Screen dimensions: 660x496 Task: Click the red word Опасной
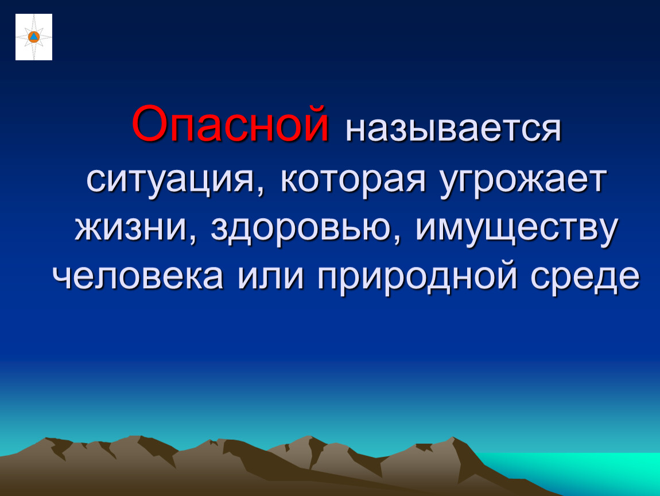230,123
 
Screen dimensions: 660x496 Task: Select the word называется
453,129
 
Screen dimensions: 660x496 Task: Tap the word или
270,277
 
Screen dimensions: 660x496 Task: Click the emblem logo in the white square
34,37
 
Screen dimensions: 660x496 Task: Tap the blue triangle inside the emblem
34,37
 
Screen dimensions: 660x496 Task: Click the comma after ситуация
261,191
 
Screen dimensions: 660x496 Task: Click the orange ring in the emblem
34,37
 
